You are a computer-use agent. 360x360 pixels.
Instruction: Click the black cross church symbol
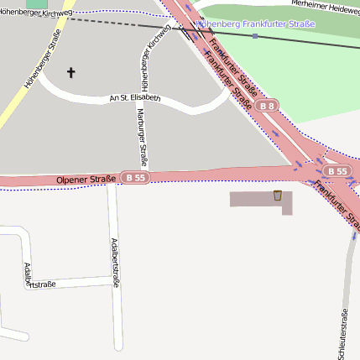point(70,73)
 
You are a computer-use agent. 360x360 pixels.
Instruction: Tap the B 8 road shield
point(267,107)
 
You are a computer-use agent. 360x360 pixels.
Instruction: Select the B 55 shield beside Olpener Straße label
point(135,178)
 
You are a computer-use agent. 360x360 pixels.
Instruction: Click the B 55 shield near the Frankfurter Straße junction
point(337,170)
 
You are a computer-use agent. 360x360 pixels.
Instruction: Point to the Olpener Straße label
point(86,180)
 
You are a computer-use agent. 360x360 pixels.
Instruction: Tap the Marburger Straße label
point(143,135)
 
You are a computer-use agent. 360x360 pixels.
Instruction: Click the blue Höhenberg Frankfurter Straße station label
point(256,24)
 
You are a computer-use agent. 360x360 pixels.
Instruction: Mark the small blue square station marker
point(254,36)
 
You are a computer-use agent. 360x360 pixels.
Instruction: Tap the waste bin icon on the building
point(277,196)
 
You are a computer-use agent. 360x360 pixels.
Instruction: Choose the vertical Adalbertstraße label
point(115,262)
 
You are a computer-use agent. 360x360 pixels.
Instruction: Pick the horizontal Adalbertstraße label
point(39,284)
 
